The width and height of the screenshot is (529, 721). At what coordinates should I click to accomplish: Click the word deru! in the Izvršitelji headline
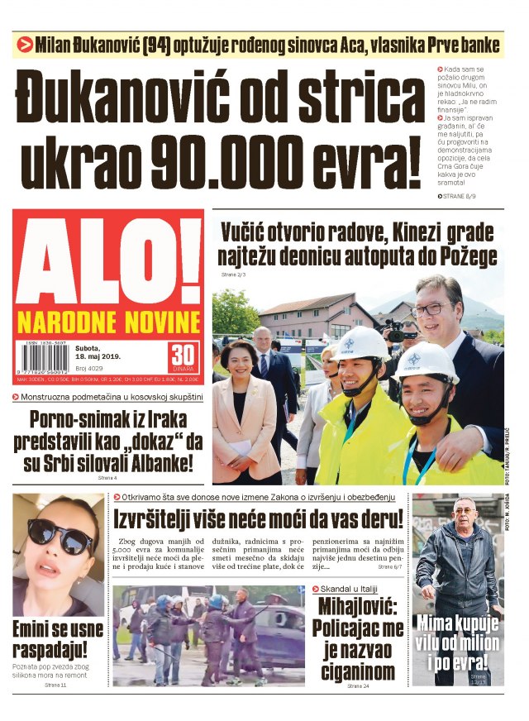pyautogui.click(x=376, y=519)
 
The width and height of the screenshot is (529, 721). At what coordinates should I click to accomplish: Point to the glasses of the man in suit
pyautogui.click(x=432, y=308)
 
